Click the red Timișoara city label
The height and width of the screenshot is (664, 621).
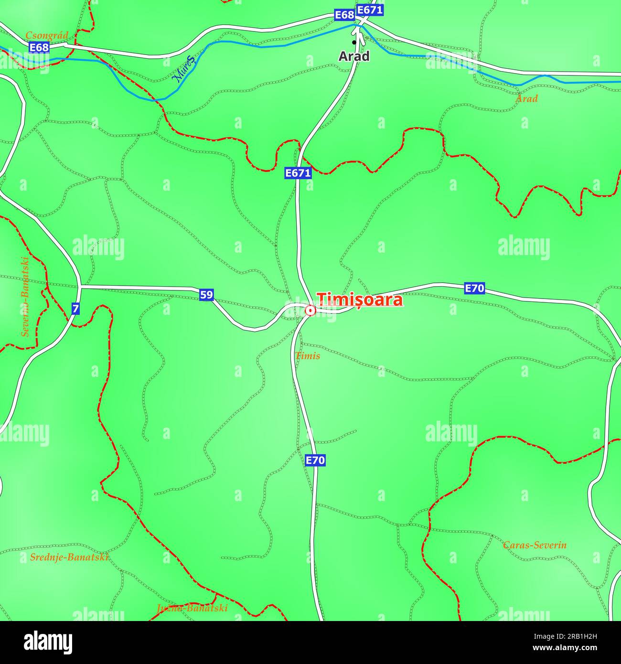360,300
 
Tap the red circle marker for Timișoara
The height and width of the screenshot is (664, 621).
310,311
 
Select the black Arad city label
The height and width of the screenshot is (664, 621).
354,56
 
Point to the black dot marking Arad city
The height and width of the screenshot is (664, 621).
354,43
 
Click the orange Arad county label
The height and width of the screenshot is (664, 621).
526,99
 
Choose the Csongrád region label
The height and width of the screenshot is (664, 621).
47,35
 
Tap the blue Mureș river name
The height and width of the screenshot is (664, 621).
184,69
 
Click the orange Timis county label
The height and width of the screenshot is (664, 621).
308,356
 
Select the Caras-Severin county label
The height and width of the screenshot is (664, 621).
535,545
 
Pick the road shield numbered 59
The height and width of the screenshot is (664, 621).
206,295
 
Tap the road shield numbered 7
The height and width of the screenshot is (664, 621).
75,309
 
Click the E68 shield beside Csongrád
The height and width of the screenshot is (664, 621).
39,47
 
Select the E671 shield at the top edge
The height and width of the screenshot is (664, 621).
370,10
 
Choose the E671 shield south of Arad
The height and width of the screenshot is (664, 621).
298,173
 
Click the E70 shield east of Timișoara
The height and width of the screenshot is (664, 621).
474,288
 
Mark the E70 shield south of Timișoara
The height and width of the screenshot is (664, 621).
315,461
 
